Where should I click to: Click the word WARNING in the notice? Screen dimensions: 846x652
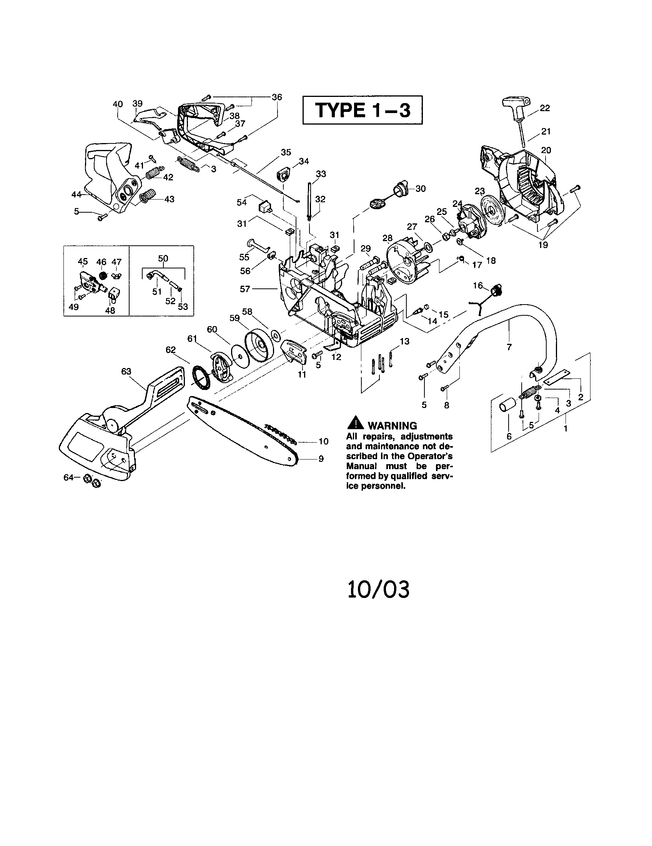point(392,426)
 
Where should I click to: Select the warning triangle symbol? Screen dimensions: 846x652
point(355,424)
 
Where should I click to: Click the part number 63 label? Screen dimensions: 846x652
point(126,372)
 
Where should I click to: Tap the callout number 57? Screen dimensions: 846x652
point(245,288)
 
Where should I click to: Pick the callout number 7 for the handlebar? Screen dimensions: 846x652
point(509,347)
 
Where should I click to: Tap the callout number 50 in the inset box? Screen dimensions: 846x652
point(163,258)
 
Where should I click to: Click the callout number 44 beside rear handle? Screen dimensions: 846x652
point(76,195)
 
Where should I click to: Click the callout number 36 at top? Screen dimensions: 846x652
point(277,97)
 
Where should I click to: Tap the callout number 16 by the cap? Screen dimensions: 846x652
point(478,285)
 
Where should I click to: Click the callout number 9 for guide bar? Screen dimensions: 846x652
point(321,459)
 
